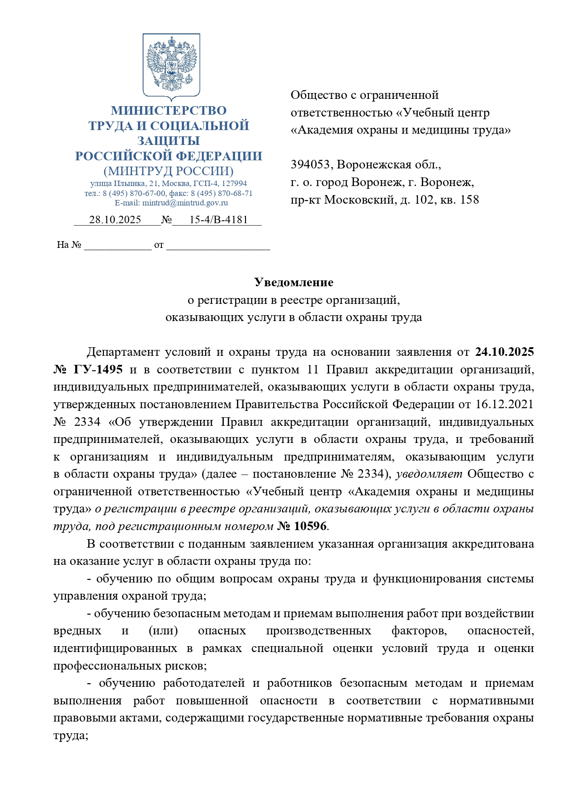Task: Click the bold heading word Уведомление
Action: pos(294,283)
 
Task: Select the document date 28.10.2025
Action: pos(115,220)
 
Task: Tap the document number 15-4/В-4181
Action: pos(218,220)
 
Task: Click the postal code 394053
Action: pos(311,165)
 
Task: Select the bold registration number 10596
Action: pos(310,526)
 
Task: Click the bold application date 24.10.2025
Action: pos(504,352)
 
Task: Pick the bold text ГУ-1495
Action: pos(98,370)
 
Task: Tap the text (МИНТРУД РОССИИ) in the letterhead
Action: pos(169,172)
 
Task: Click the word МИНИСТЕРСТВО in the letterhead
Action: pos(169,111)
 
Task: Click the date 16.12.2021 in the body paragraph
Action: pos(504,405)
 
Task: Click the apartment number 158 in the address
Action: pos(470,200)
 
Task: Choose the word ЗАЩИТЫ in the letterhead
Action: pos(169,141)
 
